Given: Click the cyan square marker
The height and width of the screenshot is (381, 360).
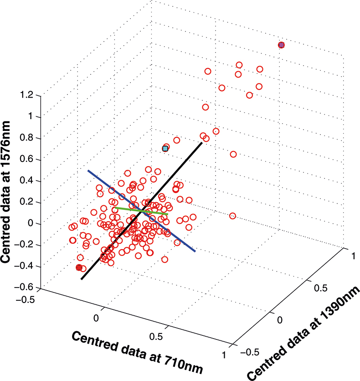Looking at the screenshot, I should pos(165,148).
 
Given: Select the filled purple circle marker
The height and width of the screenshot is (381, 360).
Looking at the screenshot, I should pos(281,45).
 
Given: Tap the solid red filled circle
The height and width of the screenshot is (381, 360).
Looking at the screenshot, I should pos(79,267).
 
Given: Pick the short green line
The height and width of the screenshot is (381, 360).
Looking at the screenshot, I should pos(142,211).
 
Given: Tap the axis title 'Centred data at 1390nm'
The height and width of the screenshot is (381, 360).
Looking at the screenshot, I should pos(304,333).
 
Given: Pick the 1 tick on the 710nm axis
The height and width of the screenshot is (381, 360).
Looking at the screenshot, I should pos(223,354).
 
